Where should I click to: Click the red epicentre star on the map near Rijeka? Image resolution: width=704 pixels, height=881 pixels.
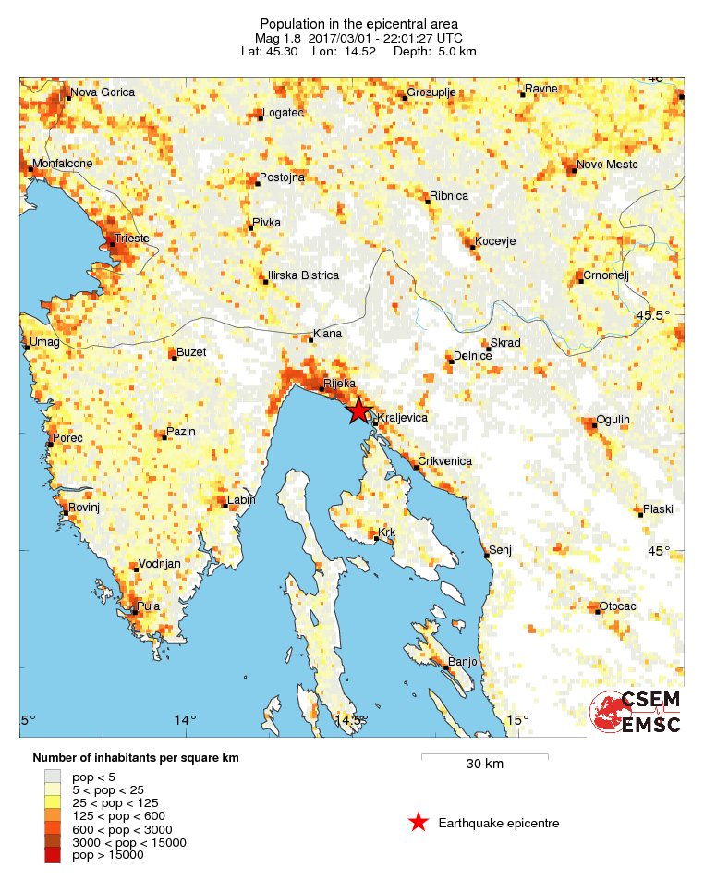pos(358,412)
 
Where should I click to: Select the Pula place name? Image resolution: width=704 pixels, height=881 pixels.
pos(149,607)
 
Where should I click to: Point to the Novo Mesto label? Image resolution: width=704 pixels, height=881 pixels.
pos(608,165)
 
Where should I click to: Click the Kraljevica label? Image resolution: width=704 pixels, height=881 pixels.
pos(404,418)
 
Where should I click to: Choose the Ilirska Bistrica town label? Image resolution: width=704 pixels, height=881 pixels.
pos(303,275)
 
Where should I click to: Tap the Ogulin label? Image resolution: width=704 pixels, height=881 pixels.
pos(613,420)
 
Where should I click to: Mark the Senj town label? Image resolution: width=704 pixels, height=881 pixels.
pos(499,549)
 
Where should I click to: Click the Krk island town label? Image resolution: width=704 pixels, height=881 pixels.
pos(387,533)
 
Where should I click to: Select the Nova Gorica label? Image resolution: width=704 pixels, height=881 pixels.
pos(103,92)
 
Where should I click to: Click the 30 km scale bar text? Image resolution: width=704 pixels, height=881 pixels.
pos(484,764)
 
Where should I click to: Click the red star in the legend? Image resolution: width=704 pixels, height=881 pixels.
pos(418,822)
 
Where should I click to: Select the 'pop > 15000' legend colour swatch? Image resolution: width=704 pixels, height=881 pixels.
pos(53,855)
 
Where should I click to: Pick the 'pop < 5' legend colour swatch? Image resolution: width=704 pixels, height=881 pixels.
pos(53,777)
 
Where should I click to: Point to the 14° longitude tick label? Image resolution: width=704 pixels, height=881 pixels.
pos(187,721)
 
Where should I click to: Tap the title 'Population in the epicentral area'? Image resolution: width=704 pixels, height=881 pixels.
pos(358,23)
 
